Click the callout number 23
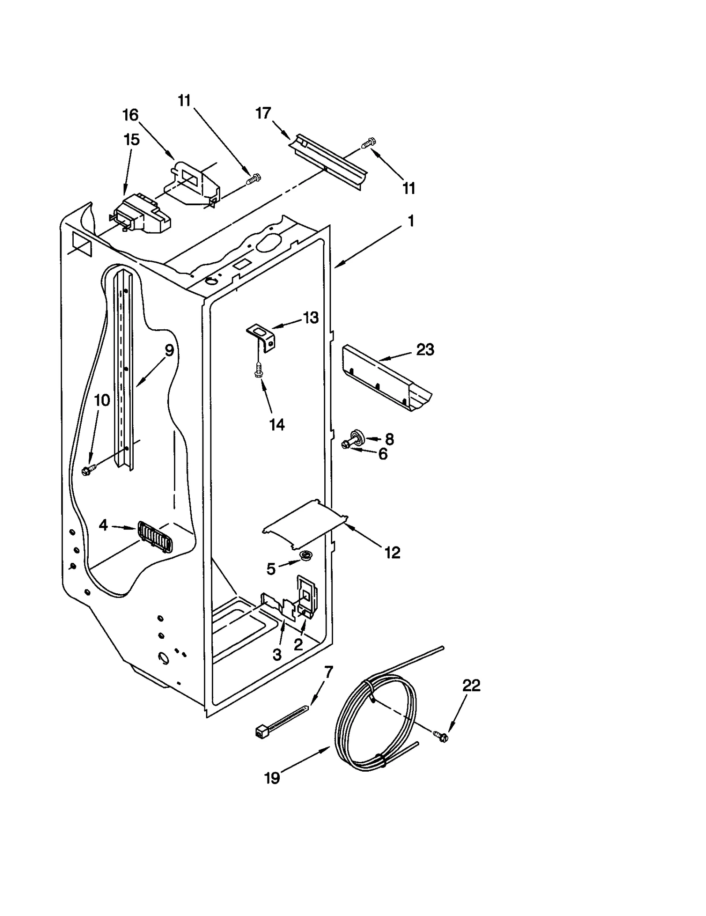click(425, 350)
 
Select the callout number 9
click(169, 351)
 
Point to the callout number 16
click(130, 115)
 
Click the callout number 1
click(411, 221)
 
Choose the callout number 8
click(389, 439)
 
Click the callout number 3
click(277, 655)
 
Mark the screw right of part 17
click(368, 143)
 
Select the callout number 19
click(272, 778)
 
